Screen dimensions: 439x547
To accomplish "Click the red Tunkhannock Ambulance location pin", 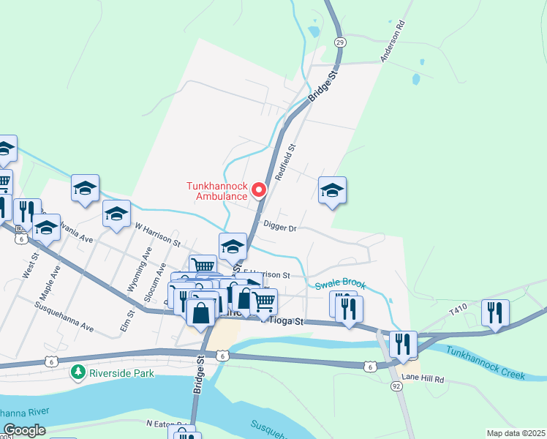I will (x=259, y=191).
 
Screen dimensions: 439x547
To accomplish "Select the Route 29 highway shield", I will (x=339, y=42).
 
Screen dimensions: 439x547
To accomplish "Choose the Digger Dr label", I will (x=279, y=228).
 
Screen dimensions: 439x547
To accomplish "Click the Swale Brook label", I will (x=340, y=285).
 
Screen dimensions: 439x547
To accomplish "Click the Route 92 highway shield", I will (x=396, y=386).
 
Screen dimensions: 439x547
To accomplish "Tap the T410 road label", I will (x=458, y=311).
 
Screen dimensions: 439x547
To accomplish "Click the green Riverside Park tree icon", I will (x=78, y=372).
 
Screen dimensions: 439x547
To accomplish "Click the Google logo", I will (x=24, y=431).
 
